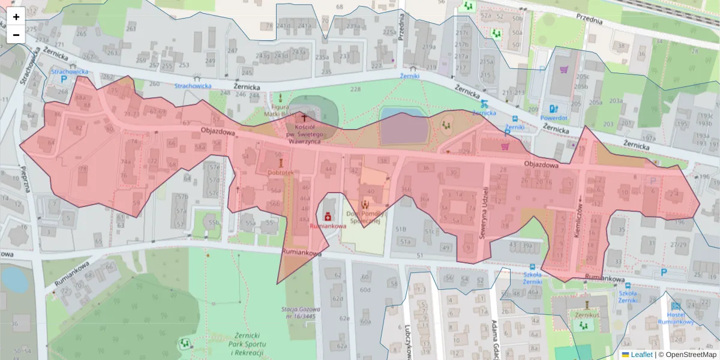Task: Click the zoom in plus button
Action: tap(16, 17)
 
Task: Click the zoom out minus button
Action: tap(16, 34)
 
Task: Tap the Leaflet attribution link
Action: tap(641, 355)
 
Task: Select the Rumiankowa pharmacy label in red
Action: tap(328, 226)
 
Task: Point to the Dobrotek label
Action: tap(280, 172)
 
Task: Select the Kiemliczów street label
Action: tap(578, 219)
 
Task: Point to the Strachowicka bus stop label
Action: tap(193, 86)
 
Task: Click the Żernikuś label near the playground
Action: tap(587, 315)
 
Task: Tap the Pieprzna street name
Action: tap(26, 179)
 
